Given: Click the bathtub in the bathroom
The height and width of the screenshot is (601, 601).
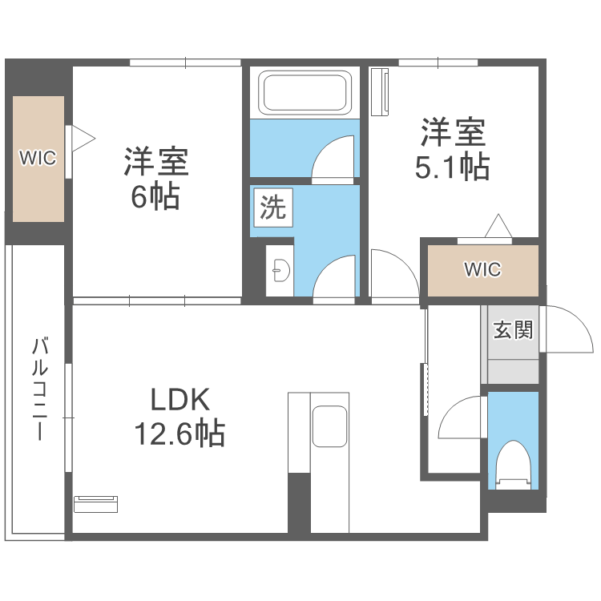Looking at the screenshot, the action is click(x=305, y=92).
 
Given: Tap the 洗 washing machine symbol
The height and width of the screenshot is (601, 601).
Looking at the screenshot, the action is click(x=273, y=208).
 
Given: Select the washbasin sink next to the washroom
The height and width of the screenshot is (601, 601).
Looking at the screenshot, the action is click(x=281, y=270).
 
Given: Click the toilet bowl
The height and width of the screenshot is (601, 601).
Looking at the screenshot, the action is click(x=513, y=465).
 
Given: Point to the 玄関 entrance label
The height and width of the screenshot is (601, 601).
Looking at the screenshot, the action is click(x=513, y=329).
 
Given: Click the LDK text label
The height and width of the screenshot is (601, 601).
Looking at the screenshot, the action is click(x=180, y=400).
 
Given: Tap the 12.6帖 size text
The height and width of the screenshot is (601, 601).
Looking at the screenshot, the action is click(x=179, y=434).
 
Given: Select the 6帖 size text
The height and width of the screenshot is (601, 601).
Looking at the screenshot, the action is click(x=155, y=196).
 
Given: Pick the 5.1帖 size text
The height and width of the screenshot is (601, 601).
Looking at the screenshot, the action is click(x=452, y=167).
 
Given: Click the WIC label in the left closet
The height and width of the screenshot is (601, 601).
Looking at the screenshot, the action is click(x=38, y=158).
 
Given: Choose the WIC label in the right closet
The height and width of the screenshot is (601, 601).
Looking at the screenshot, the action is click(x=482, y=269).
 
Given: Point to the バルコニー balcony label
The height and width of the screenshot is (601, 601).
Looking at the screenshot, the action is click(x=39, y=389).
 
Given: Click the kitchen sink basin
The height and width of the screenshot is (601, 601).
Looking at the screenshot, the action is click(x=329, y=426).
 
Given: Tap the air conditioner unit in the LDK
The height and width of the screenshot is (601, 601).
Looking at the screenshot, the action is click(x=95, y=504).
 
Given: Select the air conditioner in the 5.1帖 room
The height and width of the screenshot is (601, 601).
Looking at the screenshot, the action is click(x=380, y=92).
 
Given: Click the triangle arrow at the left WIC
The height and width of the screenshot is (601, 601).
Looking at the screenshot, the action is click(x=83, y=139).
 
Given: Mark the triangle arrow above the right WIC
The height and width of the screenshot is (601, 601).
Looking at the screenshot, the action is click(x=498, y=226).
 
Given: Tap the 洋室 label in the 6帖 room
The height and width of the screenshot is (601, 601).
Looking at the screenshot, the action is click(x=155, y=162).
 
